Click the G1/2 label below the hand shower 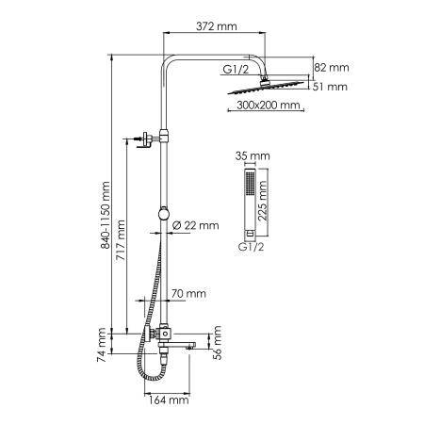pyautogui.click(x=252, y=248)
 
